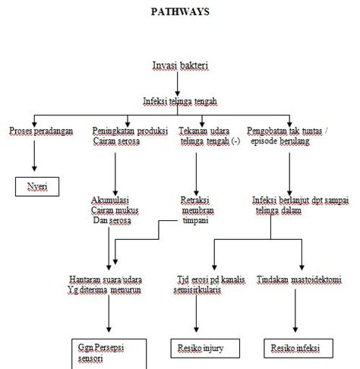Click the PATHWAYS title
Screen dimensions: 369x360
[x=179, y=11]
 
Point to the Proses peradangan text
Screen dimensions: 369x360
[x=41, y=131]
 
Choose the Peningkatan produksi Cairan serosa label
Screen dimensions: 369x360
[x=123, y=137]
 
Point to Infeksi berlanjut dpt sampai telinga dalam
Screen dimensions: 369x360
[x=301, y=205]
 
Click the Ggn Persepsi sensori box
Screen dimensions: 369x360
[x=106, y=350]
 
